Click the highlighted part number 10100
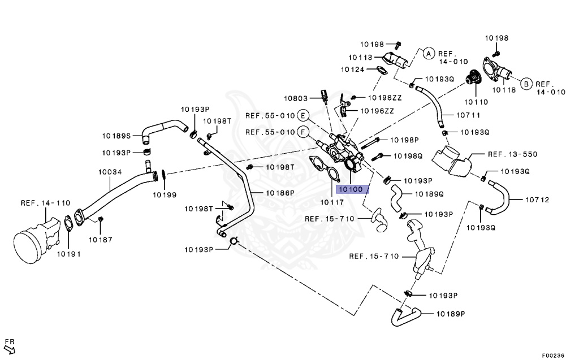[352, 189]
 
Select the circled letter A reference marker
[428, 54]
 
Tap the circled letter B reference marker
[525, 84]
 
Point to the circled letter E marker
[304, 116]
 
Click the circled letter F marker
[304, 132]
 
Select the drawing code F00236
[552, 355]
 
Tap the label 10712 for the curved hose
[537, 199]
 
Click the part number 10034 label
[110, 171]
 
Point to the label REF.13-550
[512, 154]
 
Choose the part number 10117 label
[332, 202]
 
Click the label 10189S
[116, 136]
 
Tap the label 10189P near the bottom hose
[450, 314]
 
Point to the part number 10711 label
[469, 115]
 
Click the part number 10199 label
[164, 194]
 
